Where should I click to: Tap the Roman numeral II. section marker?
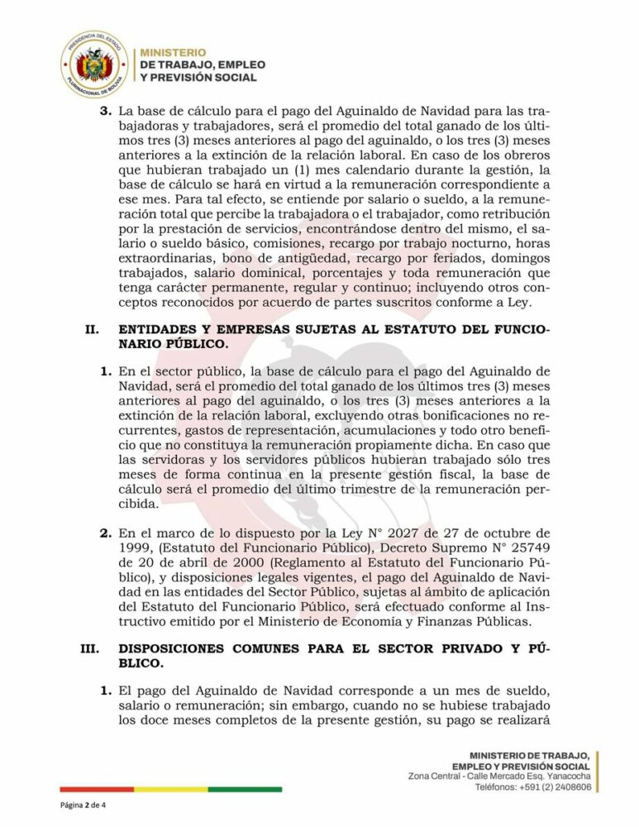91,330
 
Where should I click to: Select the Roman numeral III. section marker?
89,649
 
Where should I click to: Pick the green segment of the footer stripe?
245,789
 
